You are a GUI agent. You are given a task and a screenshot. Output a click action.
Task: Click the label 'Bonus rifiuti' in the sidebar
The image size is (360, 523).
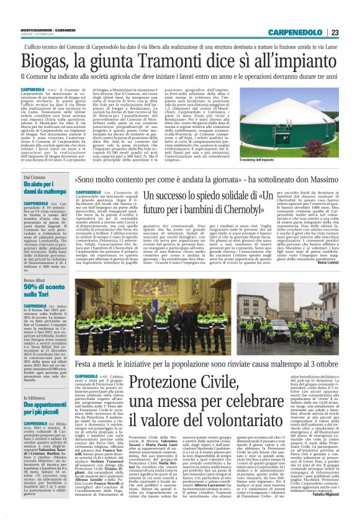35,281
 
